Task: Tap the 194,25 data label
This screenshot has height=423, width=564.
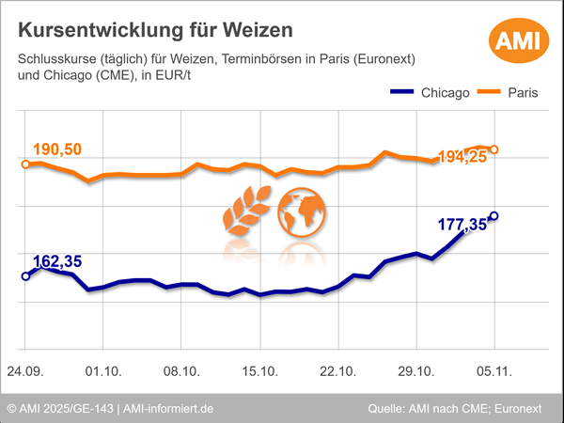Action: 462,157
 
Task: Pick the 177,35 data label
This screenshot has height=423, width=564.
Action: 462,224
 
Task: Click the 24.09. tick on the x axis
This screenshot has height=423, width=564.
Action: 25,370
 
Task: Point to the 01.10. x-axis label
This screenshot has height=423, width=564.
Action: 102,370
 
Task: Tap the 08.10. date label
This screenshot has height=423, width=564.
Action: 181,370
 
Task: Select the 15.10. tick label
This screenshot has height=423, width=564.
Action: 259,370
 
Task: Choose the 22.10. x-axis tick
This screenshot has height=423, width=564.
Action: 338,370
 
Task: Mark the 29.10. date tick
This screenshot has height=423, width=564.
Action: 416,370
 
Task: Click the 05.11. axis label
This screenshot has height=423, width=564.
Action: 494,370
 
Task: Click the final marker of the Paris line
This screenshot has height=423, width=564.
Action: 494,149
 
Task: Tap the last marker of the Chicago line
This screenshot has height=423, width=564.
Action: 494,215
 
